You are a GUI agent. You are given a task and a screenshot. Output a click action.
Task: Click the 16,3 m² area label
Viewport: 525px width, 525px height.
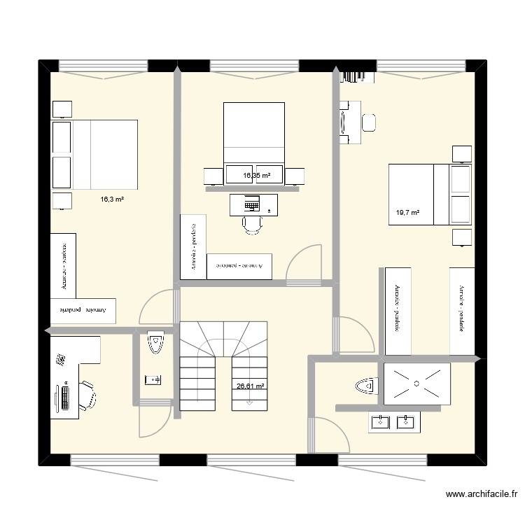pyautogui.click(x=112, y=199)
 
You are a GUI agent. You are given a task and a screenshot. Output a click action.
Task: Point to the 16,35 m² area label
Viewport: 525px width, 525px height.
pyautogui.click(x=257, y=176)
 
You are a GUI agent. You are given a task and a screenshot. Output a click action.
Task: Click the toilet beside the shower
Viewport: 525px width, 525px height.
pyautogui.click(x=365, y=385)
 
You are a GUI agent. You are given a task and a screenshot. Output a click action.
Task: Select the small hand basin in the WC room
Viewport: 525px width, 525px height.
pyautogui.click(x=153, y=380)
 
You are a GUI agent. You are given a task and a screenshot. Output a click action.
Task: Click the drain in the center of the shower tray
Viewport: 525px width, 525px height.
pyautogui.click(x=415, y=383)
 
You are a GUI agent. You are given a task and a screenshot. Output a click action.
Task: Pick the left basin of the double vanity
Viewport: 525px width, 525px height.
pyautogui.click(x=380, y=421)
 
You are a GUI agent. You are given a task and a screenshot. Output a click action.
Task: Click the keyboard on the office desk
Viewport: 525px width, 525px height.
pyautogui.click(x=65, y=398)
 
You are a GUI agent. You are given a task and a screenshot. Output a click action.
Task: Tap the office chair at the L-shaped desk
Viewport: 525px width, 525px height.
pyautogui.click(x=87, y=395)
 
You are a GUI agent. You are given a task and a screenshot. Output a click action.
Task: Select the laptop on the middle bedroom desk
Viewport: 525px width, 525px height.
pyautogui.click(x=251, y=205)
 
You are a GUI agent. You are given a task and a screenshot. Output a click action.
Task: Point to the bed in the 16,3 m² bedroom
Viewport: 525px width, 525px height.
pyautogui.click(x=95, y=154)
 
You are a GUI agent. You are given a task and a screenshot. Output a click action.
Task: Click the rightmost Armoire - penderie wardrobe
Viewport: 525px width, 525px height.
pyautogui.click(x=461, y=310)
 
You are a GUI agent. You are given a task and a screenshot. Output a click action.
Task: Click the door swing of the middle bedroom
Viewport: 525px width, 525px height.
pyautogui.click(x=307, y=260)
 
